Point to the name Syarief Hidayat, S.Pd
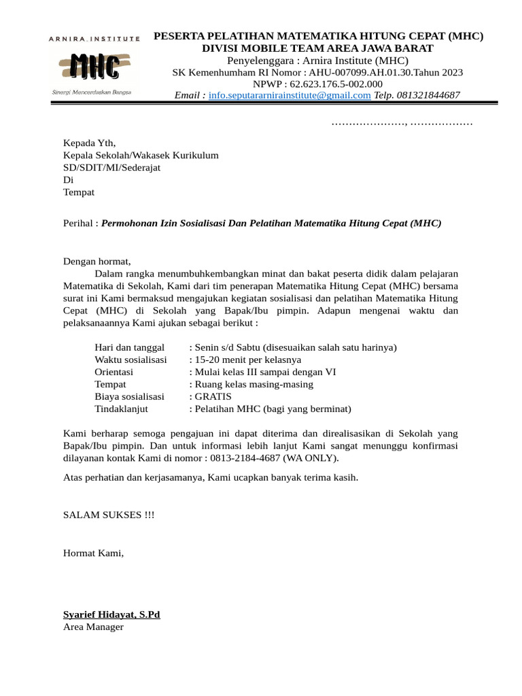111,614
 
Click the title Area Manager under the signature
93,627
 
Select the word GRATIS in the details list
213,396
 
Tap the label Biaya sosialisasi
130,396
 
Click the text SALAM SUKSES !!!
109,515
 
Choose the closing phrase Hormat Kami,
94,553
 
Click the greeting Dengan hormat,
97,260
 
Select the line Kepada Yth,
90,143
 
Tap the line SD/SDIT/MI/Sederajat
111,167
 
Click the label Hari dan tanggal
130,347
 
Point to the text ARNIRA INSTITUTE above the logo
94,39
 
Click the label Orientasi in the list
114,372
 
